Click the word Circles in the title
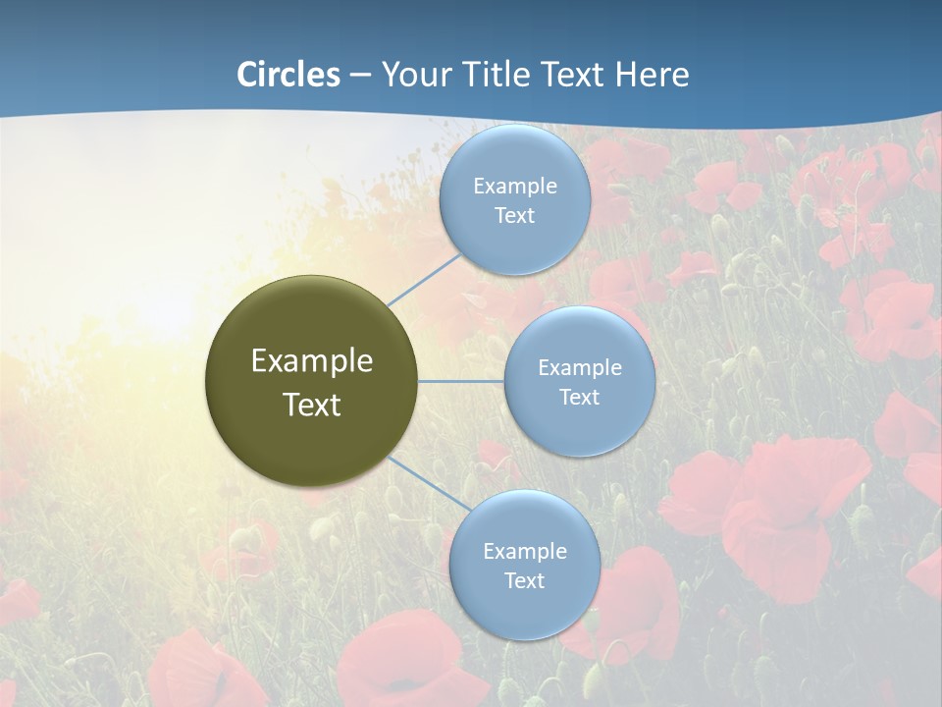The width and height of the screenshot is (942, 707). pos(288,75)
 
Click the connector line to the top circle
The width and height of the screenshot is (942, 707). pos(424,279)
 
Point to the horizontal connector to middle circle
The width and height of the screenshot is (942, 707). pos(461,381)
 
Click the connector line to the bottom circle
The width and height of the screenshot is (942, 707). pos(429,485)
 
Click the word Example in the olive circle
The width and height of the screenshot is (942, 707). pos(311,361)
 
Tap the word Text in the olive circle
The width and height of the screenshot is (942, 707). pos(311,405)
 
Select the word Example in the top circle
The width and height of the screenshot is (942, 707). pos(514,187)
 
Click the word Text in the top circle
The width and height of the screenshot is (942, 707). pos(514,216)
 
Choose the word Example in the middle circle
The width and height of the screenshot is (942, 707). pos(579,368)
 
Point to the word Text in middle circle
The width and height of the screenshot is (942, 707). pos(579,398)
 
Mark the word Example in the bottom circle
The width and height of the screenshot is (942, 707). pos(524,552)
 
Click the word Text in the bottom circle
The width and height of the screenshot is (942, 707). pos(524,581)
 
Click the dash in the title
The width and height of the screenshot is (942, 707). pos(359,76)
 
